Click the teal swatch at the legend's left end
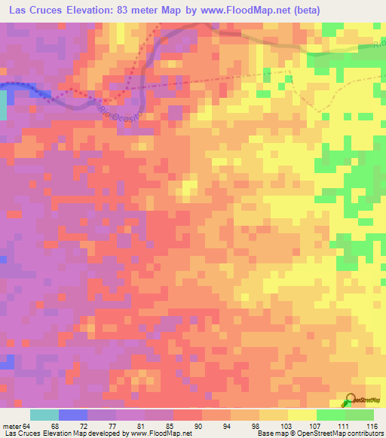[x=44, y=414]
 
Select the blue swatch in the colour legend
[x=73, y=414]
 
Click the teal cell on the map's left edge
[x=3, y=105]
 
